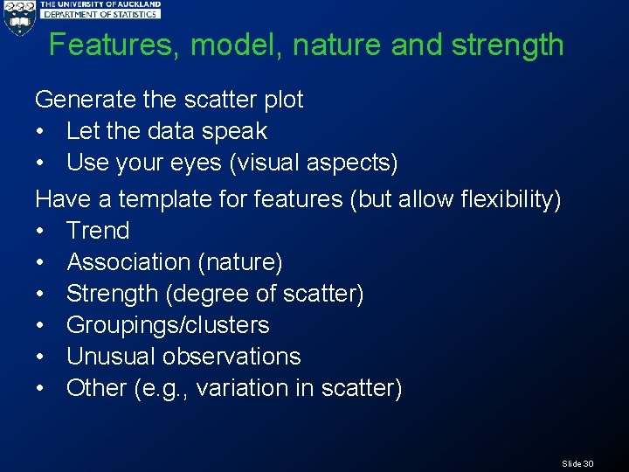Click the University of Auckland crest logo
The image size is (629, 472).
click(18, 17)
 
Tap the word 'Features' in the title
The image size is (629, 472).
click(114, 45)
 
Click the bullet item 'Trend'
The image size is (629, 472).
click(98, 231)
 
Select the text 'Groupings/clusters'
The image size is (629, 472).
click(168, 325)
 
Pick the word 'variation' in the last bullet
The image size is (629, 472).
click(239, 388)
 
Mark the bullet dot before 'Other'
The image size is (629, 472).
click(42, 388)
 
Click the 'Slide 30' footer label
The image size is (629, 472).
click(577, 463)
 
